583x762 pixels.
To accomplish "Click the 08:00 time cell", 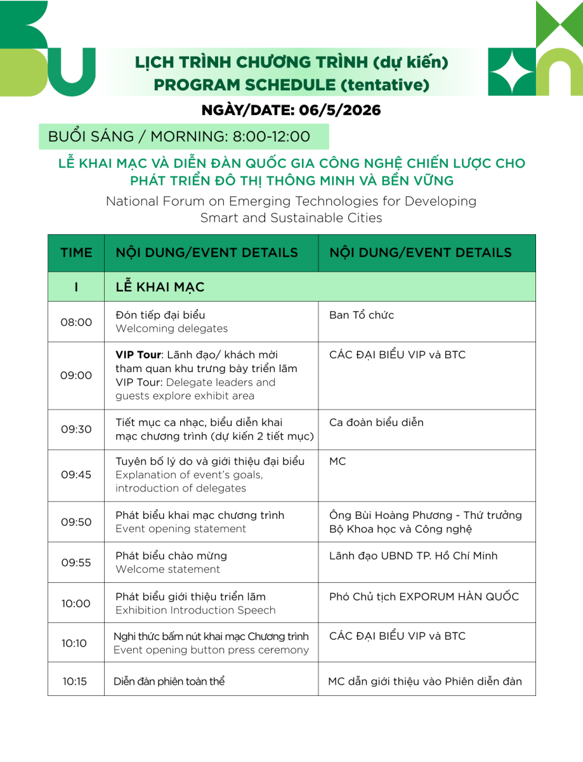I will click(x=76, y=322).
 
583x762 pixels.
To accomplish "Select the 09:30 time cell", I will click(x=76, y=429).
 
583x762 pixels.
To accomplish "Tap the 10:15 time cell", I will click(x=75, y=681).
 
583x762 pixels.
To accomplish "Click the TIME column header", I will click(x=76, y=253).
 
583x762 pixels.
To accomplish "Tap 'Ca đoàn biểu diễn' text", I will click(x=376, y=422).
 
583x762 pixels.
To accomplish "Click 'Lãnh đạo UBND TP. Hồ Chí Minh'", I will click(x=413, y=556).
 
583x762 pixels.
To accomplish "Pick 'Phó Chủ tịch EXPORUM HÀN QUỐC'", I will click(x=424, y=596).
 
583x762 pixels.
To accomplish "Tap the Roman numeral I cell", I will click(x=76, y=287).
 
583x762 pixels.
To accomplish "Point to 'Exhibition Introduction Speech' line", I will click(x=195, y=610).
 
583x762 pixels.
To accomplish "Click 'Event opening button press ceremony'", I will click(x=211, y=650).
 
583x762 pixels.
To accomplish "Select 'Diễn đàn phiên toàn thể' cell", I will click(x=169, y=681).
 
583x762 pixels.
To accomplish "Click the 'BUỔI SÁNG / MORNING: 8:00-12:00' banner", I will click(x=183, y=137).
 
